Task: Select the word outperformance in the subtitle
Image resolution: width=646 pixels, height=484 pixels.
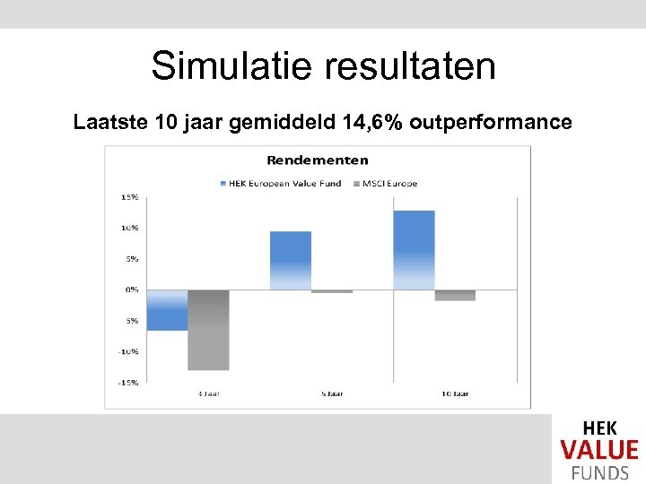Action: (x=491, y=122)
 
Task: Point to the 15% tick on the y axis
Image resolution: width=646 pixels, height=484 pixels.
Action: (x=130, y=197)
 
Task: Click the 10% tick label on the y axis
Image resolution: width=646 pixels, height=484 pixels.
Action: (x=130, y=228)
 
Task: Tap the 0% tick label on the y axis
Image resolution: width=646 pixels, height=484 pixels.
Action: (x=132, y=290)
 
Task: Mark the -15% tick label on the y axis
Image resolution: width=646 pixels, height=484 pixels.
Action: (x=129, y=382)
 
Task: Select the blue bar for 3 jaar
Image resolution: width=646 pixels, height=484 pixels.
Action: (x=167, y=310)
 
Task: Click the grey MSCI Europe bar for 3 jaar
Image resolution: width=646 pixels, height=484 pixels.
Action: (x=208, y=330)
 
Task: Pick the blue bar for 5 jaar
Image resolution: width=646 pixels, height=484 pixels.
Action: (x=291, y=260)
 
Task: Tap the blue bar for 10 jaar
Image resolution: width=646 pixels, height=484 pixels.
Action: (x=414, y=249)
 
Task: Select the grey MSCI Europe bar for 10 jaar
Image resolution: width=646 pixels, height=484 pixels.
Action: (x=455, y=295)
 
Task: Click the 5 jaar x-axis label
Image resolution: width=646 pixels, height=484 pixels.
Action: (x=333, y=393)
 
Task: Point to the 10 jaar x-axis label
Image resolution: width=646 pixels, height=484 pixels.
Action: (x=456, y=393)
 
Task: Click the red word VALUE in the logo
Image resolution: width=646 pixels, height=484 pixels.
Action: (x=599, y=450)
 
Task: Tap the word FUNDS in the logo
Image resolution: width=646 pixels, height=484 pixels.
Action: (x=599, y=472)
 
